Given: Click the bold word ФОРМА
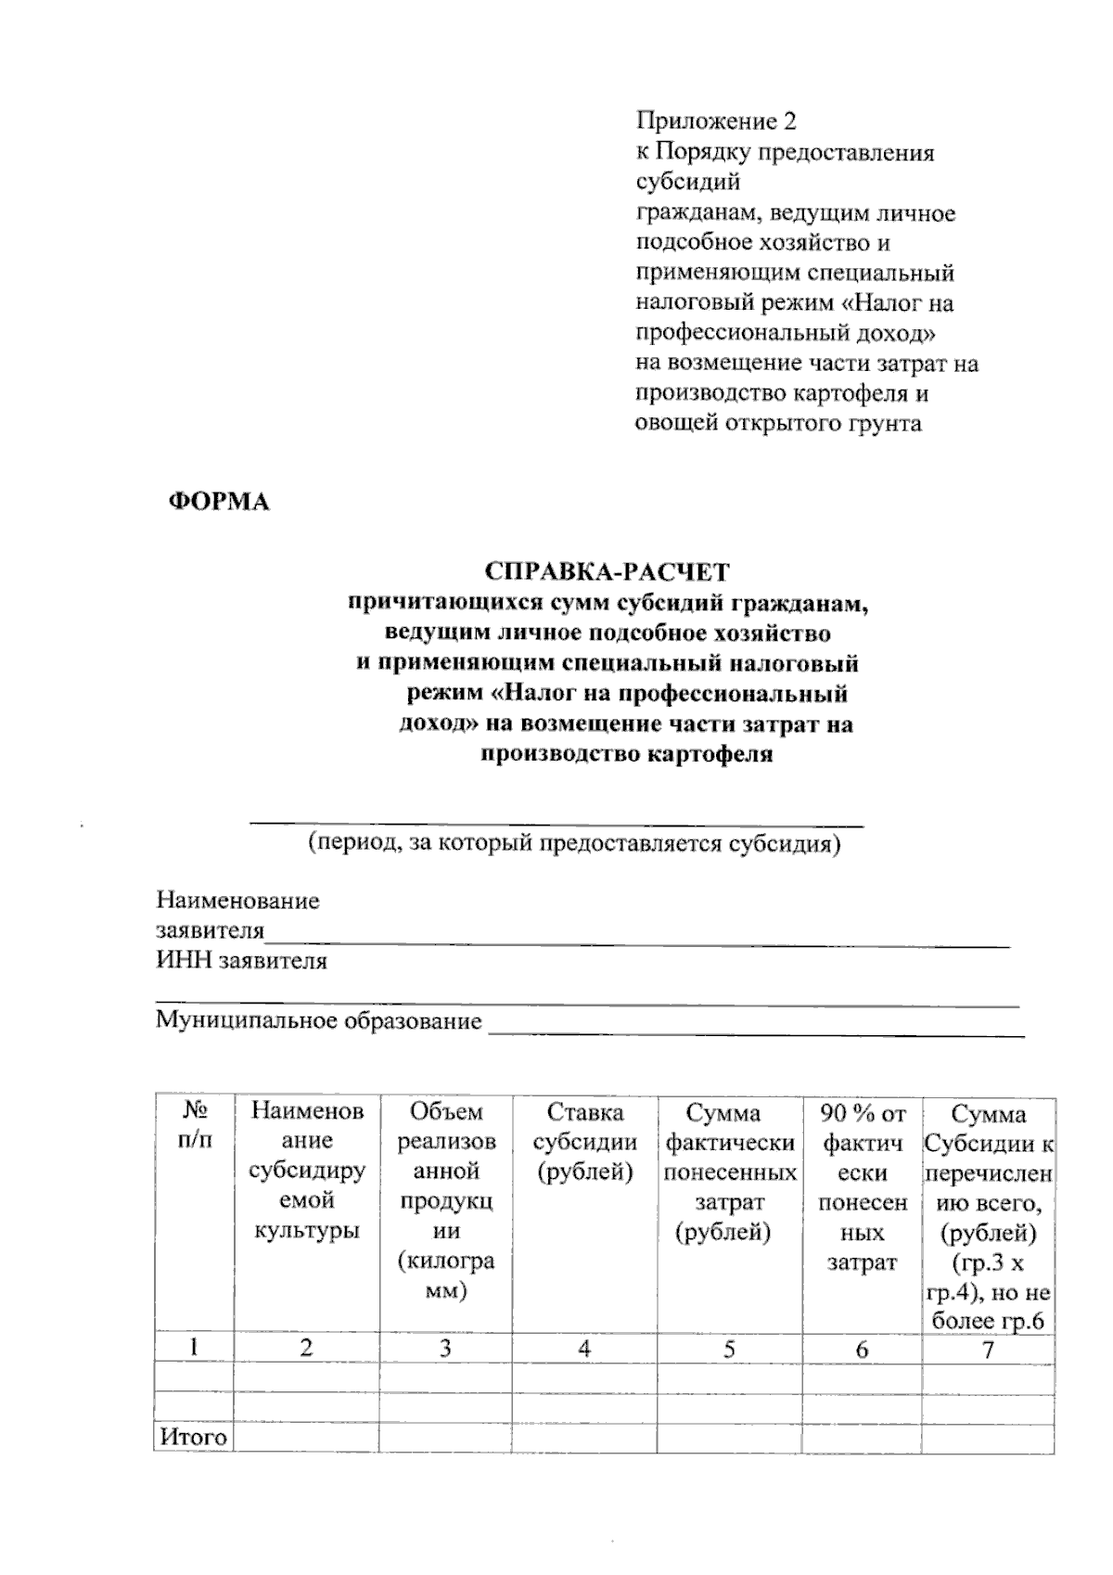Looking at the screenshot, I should [x=218, y=503].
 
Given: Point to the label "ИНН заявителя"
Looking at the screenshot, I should [x=241, y=961].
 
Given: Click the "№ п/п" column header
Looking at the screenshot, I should [x=193, y=1126].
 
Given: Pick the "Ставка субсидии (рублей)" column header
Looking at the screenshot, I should [x=584, y=1142].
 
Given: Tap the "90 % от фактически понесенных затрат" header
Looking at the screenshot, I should [x=862, y=1187].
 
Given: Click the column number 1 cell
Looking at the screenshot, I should [x=193, y=1348].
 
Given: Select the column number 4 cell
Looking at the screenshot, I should [x=584, y=1348].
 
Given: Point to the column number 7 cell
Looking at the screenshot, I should [x=988, y=1350].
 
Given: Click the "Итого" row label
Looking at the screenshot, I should [x=193, y=1437].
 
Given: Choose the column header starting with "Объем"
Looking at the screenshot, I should [x=445, y=1201].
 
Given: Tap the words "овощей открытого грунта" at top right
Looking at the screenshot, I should [x=778, y=424].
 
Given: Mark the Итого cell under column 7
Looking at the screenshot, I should [x=988, y=1437].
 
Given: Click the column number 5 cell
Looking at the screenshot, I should [x=729, y=1348].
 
